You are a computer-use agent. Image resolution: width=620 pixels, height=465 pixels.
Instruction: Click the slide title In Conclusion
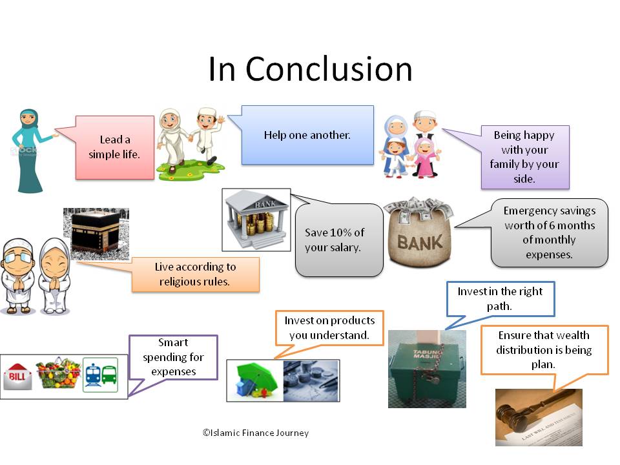[x=311, y=69]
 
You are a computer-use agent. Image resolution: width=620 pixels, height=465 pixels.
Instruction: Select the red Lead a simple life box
[x=115, y=147]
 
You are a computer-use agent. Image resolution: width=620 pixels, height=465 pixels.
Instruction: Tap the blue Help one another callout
[x=307, y=135]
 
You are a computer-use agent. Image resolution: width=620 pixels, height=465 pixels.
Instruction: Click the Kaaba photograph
[x=96, y=234]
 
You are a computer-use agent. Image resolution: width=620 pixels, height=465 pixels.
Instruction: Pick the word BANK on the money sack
[x=420, y=242]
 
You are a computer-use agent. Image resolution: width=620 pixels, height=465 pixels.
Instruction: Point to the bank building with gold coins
[x=256, y=220]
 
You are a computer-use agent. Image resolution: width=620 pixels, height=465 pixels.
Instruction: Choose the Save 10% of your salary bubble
[x=339, y=240]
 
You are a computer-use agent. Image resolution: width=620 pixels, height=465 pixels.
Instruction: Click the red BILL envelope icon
[x=17, y=376]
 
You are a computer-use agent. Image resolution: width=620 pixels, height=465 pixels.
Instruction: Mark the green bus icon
[x=109, y=375]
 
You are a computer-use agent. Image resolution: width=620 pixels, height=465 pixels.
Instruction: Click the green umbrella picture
[x=255, y=380]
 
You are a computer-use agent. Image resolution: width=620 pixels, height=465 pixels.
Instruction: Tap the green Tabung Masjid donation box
[x=427, y=369]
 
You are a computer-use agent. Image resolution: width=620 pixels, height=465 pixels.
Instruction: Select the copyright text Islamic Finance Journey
[x=256, y=433]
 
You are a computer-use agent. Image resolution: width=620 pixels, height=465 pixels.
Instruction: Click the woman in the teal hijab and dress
[x=30, y=150]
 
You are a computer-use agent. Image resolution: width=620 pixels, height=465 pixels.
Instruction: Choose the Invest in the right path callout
[x=500, y=299]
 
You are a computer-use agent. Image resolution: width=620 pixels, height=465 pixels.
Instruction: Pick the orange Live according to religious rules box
[x=195, y=274]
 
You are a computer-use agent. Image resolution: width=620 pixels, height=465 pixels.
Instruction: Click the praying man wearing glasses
[x=17, y=276]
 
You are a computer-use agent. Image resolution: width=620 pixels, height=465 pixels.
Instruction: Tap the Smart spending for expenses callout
[x=173, y=357]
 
